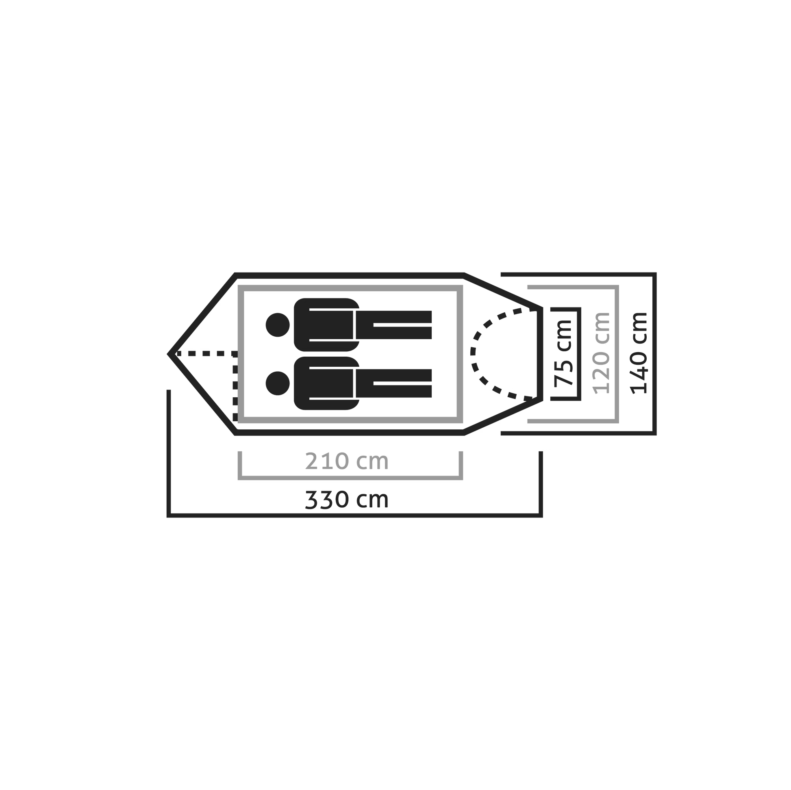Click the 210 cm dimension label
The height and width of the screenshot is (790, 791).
point(346,461)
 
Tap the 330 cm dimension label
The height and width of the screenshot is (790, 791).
point(346,500)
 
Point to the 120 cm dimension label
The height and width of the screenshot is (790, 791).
point(601,353)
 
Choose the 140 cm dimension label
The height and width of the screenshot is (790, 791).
point(639,353)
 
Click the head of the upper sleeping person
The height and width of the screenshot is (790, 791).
point(278,325)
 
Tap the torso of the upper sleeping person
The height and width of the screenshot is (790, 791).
point(328,325)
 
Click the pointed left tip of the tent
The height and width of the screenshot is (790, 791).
point(169,353)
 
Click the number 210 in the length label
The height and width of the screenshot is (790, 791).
point(328,461)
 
